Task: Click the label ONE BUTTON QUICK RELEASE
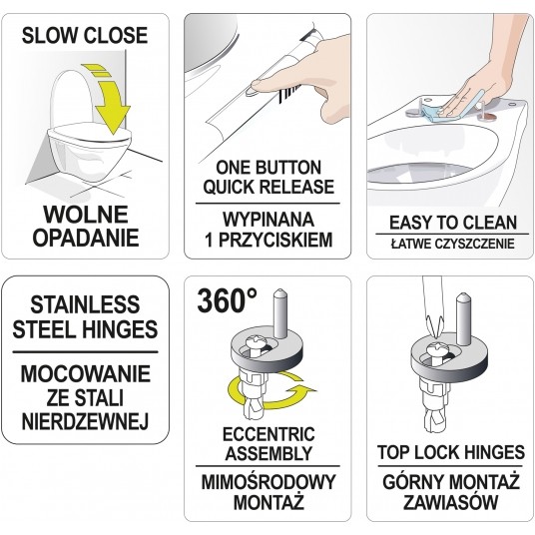tap(267, 177)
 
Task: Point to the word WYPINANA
tap(267, 219)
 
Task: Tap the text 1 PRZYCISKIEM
tap(267, 241)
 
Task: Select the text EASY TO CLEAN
tap(450, 224)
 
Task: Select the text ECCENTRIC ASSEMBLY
tap(267, 444)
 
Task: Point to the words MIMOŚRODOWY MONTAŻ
tap(267, 488)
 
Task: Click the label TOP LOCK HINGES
tap(450, 452)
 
